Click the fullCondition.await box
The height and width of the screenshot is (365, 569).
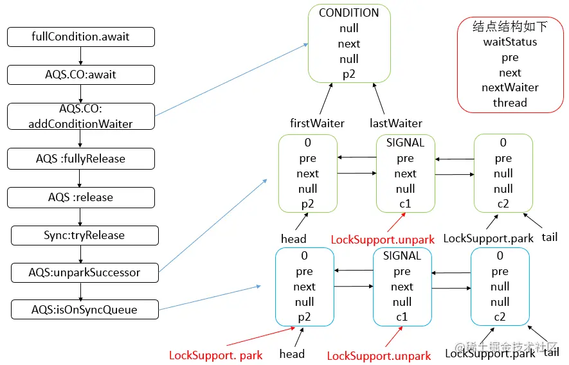(81, 37)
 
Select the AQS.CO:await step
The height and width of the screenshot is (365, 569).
(81, 75)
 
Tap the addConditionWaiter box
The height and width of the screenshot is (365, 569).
(81, 116)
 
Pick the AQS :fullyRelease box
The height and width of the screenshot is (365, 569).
(81, 158)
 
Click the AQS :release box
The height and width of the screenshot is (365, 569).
(81, 197)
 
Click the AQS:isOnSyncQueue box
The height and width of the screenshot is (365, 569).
(84, 310)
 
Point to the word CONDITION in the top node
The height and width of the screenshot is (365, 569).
(349, 13)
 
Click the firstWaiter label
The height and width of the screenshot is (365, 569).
(318, 123)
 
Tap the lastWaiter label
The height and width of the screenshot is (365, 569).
(396, 123)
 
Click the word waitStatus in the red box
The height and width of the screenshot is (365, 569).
(510, 42)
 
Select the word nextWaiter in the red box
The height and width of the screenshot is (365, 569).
(510, 87)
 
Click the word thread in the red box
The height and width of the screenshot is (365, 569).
(510, 103)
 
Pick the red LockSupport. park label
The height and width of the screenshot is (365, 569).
(215, 355)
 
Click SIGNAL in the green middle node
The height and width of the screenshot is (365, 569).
(405, 143)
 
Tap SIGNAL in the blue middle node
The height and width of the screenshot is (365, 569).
(402, 256)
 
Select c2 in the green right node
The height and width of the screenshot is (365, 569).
(503, 204)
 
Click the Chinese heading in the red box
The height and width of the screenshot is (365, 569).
(510, 26)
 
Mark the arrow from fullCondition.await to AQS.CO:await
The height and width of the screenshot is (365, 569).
(81, 55)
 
